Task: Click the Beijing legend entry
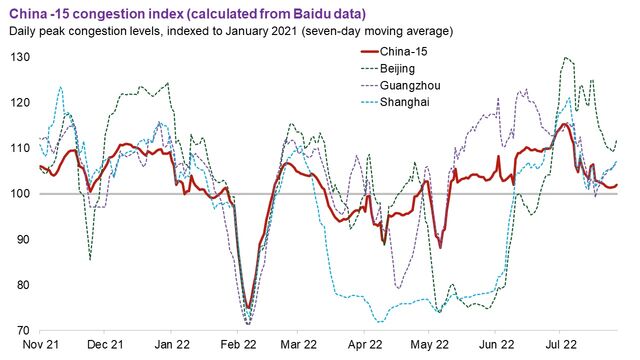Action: (x=412, y=67)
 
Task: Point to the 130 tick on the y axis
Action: (x=19, y=57)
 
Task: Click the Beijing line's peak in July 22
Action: (x=568, y=58)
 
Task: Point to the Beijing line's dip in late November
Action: (x=90, y=259)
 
